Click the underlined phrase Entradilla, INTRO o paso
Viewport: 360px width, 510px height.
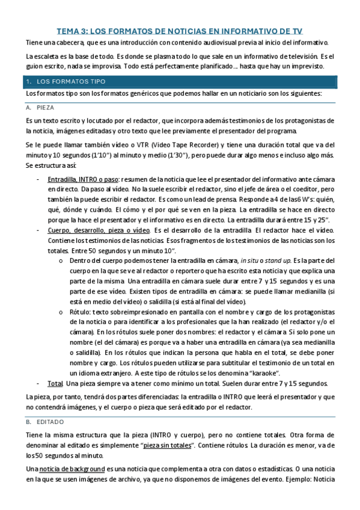coord(84,179)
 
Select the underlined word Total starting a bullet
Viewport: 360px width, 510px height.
coord(55,383)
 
